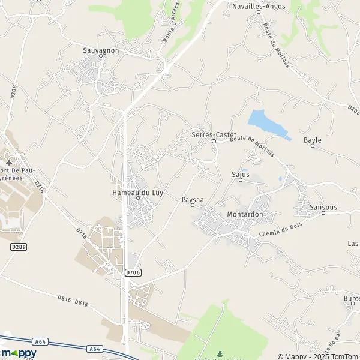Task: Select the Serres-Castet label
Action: pyautogui.click(x=214, y=134)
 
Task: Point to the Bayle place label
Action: pyautogui.click(x=313, y=140)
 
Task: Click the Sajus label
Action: pyautogui.click(x=240, y=175)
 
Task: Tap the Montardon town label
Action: pyautogui.click(x=245, y=214)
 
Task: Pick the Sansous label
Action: pyautogui.click(x=323, y=207)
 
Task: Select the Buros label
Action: pyautogui.click(x=352, y=298)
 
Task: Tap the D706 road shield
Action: pyautogui.click(x=133, y=272)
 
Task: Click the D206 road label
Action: pyautogui.click(x=353, y=109)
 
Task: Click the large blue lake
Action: pyautogui.click(x=265, y=124)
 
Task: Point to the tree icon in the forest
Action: pyautogui.click(x=220, y=353)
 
